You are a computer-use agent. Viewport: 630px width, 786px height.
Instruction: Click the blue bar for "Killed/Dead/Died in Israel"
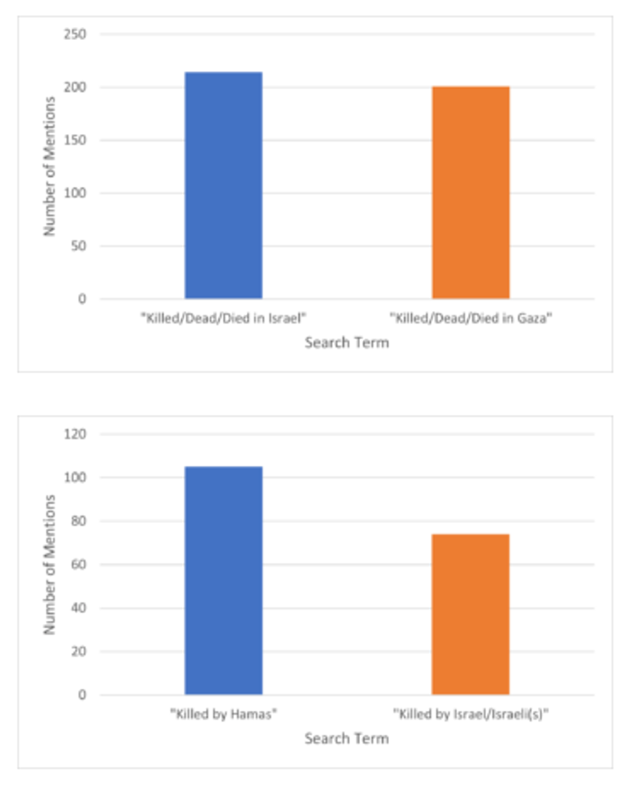224,186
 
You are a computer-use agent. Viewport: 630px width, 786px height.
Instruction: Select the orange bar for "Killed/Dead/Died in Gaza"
471,193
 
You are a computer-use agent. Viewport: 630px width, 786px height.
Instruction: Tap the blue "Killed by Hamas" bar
224,581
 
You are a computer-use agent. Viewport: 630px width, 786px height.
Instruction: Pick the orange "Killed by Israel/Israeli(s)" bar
471,615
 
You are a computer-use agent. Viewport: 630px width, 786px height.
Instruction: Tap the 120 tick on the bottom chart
76,435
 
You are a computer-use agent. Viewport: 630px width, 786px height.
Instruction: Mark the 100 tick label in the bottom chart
76,478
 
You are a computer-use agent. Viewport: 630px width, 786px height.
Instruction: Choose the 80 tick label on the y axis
78,521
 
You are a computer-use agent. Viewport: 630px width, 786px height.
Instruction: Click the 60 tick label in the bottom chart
78,565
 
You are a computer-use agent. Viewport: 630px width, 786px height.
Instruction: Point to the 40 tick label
78,608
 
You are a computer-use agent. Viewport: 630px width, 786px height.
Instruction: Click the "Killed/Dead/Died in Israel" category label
223,319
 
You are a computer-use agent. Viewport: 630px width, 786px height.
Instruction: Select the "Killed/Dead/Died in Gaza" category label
471,319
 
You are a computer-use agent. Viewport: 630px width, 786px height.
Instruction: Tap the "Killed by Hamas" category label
223,714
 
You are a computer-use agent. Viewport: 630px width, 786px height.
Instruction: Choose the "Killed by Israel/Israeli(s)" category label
471,714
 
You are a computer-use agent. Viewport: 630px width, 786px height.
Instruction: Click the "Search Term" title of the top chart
346,342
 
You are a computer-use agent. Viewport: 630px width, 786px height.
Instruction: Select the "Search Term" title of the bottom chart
346,738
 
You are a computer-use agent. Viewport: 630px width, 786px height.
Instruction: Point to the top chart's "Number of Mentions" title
50,166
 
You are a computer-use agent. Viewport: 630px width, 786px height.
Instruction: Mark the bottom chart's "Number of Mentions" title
50,564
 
